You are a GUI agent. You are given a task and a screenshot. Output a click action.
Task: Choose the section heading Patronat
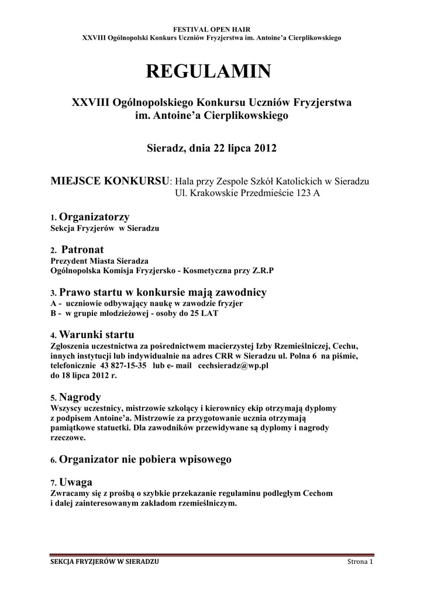click(87, 250)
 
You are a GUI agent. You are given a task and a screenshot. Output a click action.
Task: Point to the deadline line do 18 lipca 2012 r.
click(84, 375)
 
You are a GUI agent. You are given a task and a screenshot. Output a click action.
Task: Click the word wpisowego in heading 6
click(208, 459)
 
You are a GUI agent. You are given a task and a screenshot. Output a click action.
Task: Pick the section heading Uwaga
click(76, 483)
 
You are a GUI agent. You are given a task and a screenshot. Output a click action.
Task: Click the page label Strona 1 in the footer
click(359, 562)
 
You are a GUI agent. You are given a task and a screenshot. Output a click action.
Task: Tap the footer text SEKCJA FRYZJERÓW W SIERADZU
click(105, 562)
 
